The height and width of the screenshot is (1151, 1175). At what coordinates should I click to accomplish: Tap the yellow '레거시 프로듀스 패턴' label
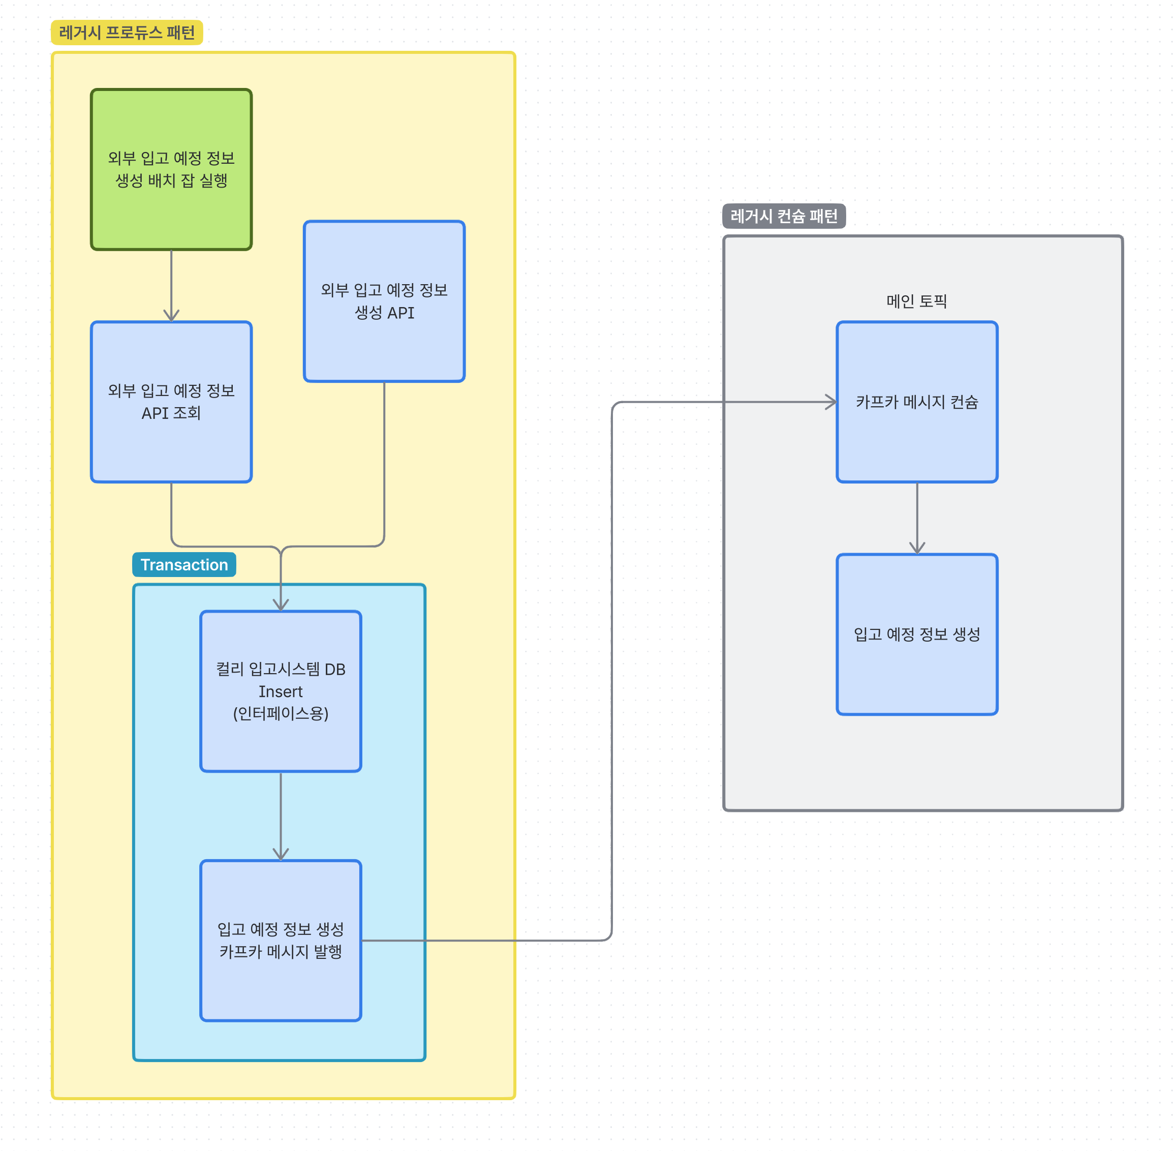tap(127, 33)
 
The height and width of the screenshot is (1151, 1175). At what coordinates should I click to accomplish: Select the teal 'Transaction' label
tap(184, 565)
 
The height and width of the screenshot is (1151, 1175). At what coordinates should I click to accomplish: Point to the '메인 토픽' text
tap(916, 301)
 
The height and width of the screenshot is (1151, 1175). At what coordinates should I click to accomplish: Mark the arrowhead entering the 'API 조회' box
tap(171, 316)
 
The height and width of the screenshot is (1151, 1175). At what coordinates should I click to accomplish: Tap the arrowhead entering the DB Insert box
tap(281, 605)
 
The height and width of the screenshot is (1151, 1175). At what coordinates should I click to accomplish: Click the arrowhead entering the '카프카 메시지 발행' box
tap(281, 854)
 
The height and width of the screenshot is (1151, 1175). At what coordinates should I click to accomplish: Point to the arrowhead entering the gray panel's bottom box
tap(916, 548)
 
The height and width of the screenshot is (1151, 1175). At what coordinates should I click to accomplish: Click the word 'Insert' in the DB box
tap(281, 691)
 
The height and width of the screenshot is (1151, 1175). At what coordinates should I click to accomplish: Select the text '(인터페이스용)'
tap(281, 714)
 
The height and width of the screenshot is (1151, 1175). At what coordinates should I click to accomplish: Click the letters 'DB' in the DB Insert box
tap(335, 669)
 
